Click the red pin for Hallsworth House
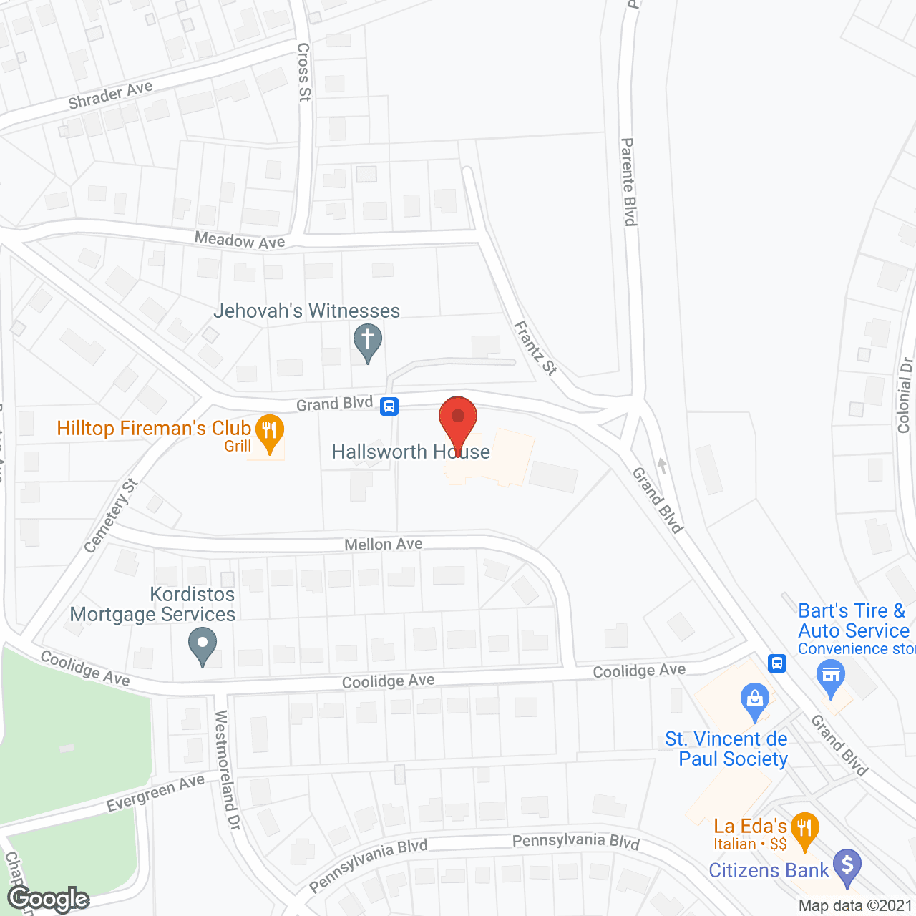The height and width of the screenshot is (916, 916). coord(458,419)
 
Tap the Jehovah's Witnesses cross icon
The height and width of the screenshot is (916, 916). coord(368,341)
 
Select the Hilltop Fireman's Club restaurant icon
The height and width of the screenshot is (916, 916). coord(270,432)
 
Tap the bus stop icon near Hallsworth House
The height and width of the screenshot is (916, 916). coord(389,406)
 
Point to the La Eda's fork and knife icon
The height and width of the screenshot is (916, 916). coord(805,829)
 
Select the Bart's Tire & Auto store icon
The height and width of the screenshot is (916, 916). coord(831,676)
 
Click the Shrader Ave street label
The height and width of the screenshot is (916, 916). coord(110,95)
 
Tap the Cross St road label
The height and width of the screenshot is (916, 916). coord(304,72)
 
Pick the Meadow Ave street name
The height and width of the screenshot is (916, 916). coord(240,240)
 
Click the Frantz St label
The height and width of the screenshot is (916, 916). coord(535,349)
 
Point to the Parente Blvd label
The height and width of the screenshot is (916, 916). coord(628,182)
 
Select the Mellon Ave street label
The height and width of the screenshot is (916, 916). coord(384,545)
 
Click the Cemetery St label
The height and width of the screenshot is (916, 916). coord(111,516)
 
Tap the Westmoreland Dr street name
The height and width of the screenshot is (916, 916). coord(228,770)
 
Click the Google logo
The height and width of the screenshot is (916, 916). coord(49,899)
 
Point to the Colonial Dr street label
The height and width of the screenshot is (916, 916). coord(905,395)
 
